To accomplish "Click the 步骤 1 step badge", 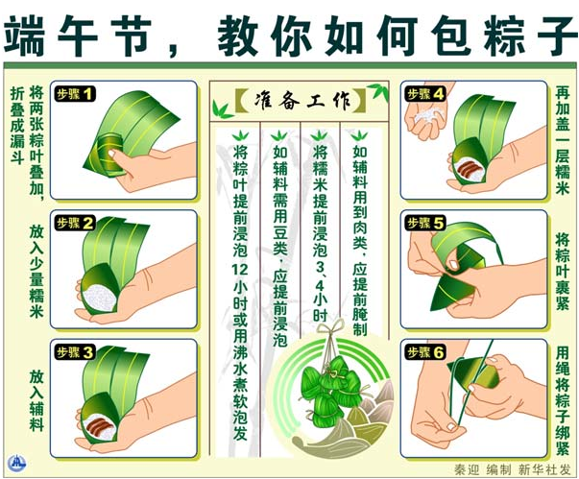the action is (75, 94).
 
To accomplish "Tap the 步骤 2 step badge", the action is (75, 224).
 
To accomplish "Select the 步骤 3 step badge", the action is (75, 352).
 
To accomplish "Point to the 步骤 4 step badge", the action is (425, 94).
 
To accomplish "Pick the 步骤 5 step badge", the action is (425, 224).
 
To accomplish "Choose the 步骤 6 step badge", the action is (425, 352).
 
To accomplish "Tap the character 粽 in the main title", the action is (505, 36).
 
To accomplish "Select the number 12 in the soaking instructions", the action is (240, 270).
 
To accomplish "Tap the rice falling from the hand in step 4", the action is (427, 115).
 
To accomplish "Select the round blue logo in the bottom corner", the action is (16, 462).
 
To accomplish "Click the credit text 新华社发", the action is (543, 469).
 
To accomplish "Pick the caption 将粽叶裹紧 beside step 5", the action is (562, 272).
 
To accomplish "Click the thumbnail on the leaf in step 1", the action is (112, 154).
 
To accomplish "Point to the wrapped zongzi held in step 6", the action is (473, 373).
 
